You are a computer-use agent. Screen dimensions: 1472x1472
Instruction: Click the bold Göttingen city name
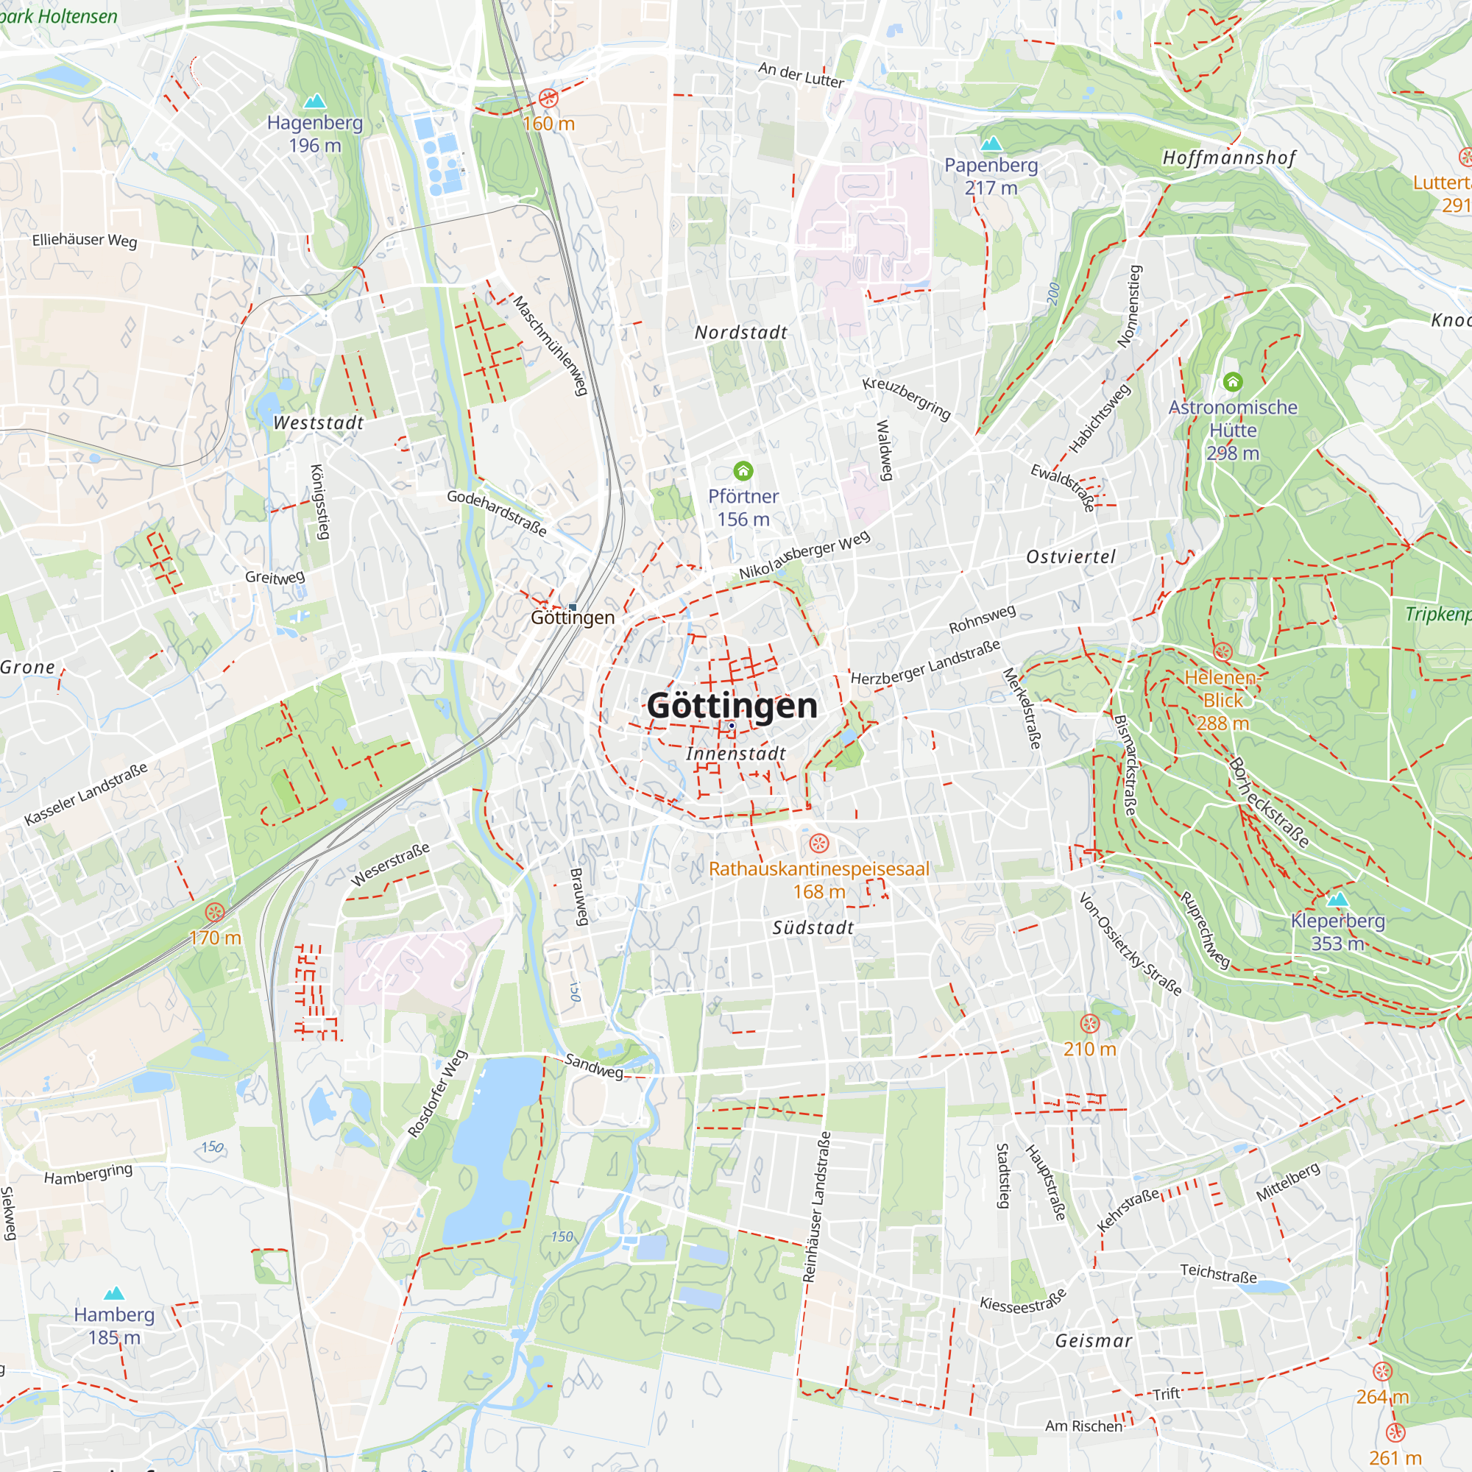pos(732,706)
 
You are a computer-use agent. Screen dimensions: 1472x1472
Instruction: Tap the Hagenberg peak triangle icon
pos(315,101)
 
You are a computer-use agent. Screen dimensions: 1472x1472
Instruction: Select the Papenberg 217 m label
pos(991,176)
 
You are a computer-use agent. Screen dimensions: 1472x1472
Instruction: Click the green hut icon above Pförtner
pos(743,471)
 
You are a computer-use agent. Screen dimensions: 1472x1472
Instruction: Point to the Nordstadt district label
pos(740,332)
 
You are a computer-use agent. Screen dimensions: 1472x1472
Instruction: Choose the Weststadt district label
pos(319,423)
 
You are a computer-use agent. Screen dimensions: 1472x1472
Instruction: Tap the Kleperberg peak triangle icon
pos(1338,900)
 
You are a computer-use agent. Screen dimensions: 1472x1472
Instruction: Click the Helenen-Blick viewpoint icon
pos(1222,651)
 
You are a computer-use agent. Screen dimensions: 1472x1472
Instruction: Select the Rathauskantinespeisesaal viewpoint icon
pos(819,843)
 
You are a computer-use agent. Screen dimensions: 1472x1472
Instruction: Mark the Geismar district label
pos(1094,1341)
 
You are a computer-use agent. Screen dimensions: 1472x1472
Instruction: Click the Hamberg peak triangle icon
pos(114,1293)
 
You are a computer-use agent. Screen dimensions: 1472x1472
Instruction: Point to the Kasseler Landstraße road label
pos(86,794)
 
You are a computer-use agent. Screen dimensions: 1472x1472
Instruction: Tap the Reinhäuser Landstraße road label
pos(817,1207)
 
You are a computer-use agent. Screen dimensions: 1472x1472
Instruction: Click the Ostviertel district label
pos(1070,557)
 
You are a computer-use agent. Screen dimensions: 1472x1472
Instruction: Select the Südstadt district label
pos(813,928)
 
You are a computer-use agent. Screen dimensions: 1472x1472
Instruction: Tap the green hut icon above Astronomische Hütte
pos(1233,382)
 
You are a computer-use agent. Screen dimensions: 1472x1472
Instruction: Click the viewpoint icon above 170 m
pos(216,913)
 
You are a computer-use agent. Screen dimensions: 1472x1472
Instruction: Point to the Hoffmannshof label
pos(1229,158)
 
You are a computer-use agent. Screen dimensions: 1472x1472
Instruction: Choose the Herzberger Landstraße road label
pos(925,662)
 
